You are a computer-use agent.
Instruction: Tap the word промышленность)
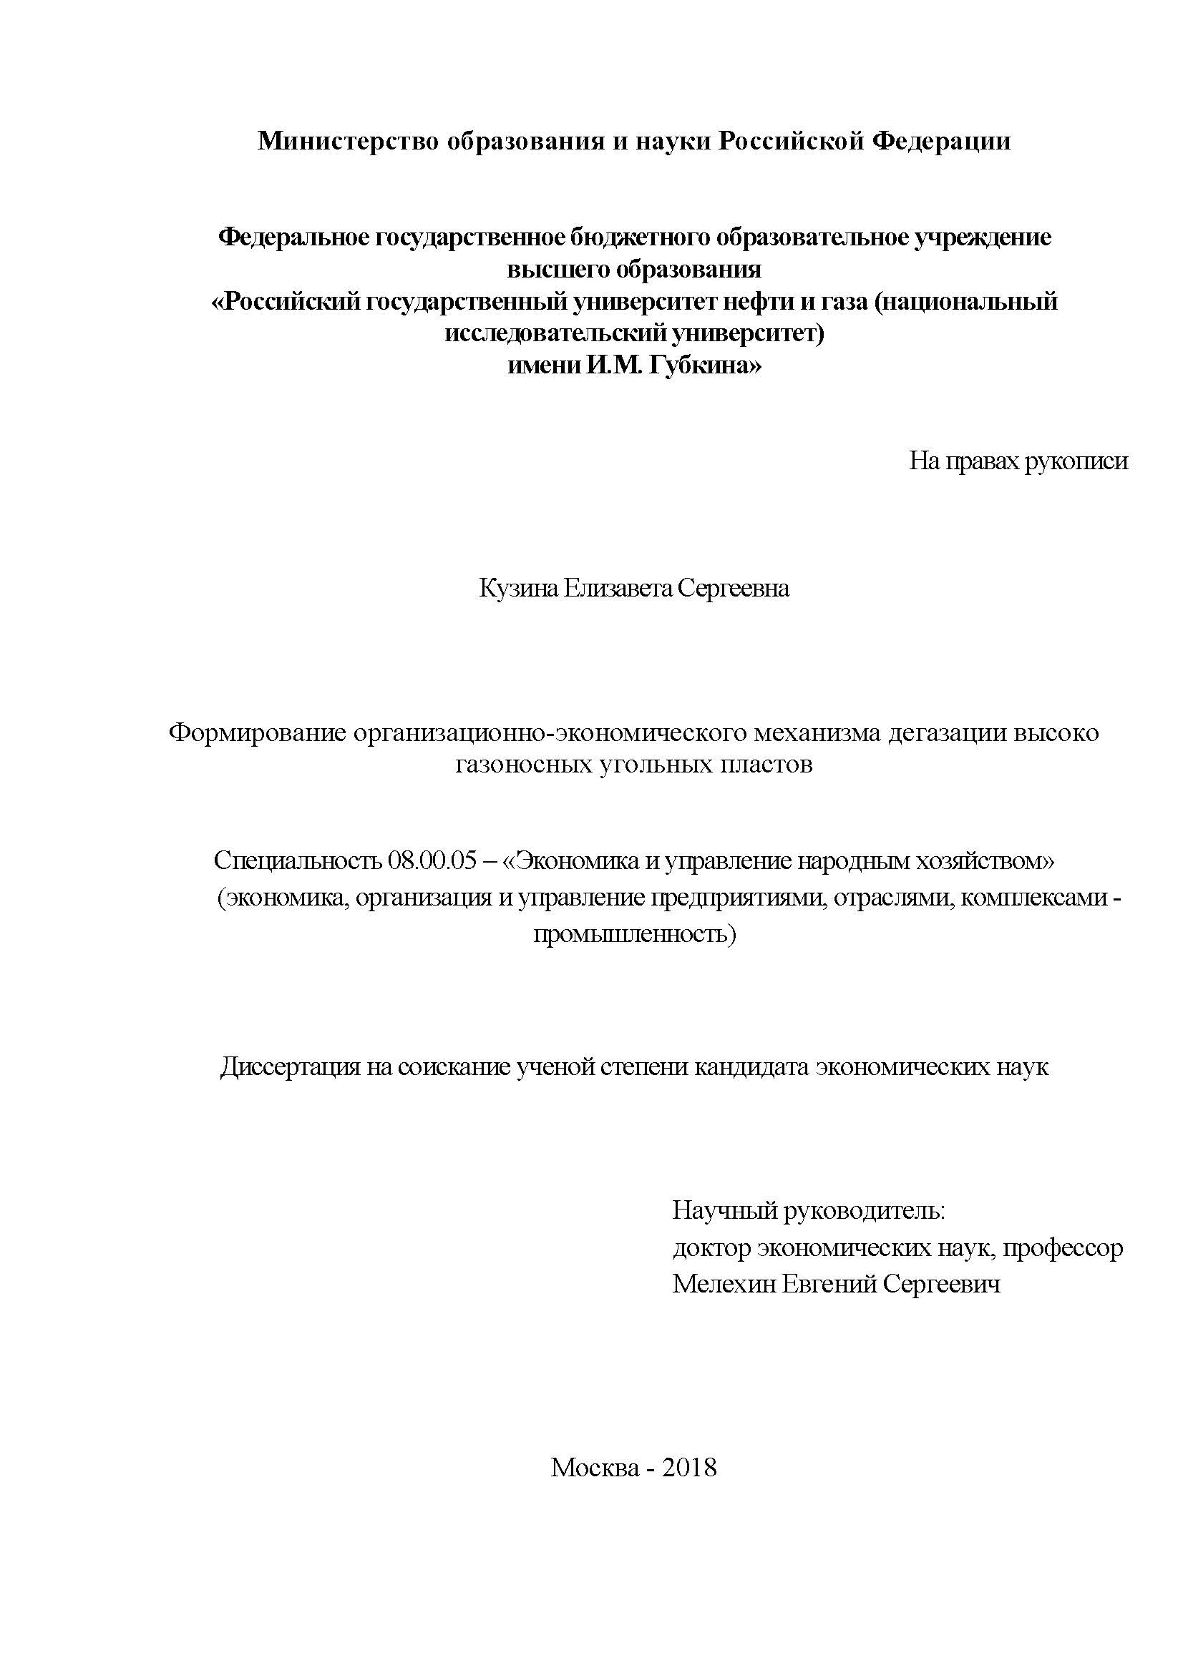[x=634, y=933]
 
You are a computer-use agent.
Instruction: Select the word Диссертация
[x=290, y=1067]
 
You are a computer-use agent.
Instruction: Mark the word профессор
[x=1063, y=1248]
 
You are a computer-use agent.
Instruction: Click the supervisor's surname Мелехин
[x=724, y=1283]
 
